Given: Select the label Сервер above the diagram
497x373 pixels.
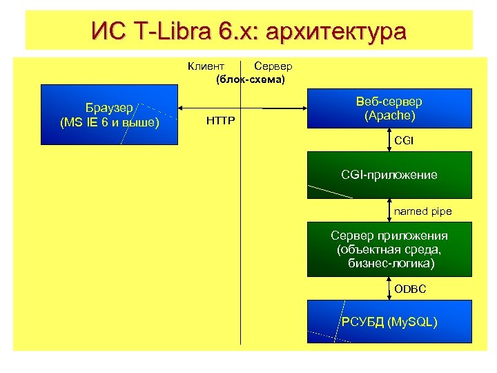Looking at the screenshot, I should pos(273,66).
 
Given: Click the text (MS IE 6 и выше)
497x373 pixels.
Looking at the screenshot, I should pos(110,123).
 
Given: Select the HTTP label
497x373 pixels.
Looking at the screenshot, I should pos(221,122).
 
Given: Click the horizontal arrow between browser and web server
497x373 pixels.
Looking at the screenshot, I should pos(207,108).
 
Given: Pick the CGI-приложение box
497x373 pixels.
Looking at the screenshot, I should pos(389,175).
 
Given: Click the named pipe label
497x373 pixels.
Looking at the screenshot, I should pos(422,211).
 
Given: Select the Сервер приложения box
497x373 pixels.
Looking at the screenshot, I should pos(389,249).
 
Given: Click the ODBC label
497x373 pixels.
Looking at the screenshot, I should pos(410,288).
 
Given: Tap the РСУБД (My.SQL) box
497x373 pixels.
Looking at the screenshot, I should pos(389,321).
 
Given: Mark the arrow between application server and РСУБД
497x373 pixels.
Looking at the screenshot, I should pos(389,288).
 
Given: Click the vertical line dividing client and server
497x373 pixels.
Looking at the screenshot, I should pos(240,207).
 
